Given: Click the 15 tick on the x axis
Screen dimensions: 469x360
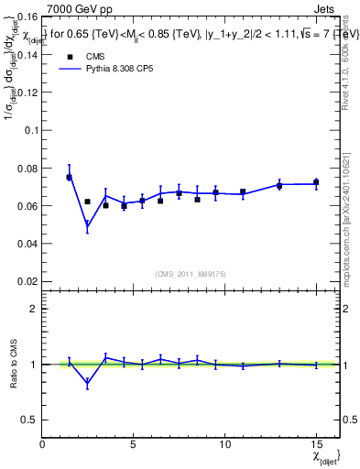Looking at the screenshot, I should (x=315, y=444).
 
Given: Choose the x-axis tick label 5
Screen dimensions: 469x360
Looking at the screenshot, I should (x=133, y=444).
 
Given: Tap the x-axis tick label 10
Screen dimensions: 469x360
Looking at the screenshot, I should (x=224, y=444).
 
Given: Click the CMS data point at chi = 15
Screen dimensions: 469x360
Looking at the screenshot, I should (x=316, y=182).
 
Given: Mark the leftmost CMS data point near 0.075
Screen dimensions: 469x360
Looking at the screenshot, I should (x=69, y=178).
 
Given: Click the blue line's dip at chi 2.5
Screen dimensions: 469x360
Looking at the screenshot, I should (x=87, y=226).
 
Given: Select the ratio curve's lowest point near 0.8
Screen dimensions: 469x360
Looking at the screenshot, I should (x=87, y=385).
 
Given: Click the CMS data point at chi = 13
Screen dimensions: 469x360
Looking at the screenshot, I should (x=279, y=186).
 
